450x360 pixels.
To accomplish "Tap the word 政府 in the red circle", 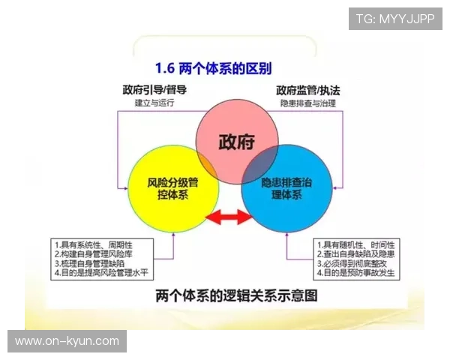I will pos(237,141).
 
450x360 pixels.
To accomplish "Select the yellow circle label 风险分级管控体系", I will pos(174,187).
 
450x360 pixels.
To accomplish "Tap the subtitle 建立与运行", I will pos(154,103).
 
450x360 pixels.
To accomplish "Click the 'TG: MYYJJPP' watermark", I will pos(394,18).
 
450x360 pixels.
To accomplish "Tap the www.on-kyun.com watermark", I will pos(67,341).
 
